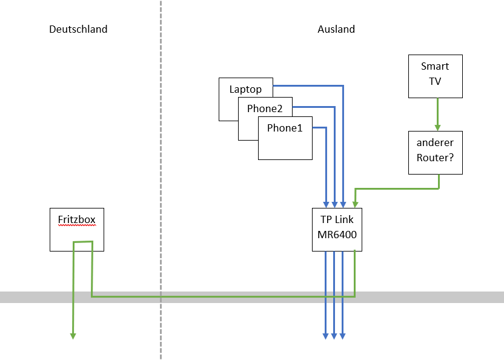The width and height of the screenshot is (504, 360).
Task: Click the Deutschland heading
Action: (78, 29)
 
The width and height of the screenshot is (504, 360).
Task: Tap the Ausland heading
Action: (336, 29)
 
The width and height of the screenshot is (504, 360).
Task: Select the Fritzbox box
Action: (76, 230)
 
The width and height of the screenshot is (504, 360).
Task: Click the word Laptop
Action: (245, 89)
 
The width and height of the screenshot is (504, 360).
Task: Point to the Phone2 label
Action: (265, 109)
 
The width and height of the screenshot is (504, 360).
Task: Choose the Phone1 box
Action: (285, 138)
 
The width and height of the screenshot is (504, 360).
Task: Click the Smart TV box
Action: (435, 76)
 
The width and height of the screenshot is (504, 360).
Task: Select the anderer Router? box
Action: (435, 152)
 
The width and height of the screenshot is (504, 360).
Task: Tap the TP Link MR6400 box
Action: (337, 229)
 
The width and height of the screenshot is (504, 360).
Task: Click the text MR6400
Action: (337, 234)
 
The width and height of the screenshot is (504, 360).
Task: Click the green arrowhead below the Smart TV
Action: (437, 127)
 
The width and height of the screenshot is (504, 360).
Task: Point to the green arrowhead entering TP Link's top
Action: (355, 204)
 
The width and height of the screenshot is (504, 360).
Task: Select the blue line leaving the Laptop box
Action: (309, 86)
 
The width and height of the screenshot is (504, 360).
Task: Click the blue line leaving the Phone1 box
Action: (320, 127)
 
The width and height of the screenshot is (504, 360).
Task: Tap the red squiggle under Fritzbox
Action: (76, 225)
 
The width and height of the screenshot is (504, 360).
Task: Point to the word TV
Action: (435, 80)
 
